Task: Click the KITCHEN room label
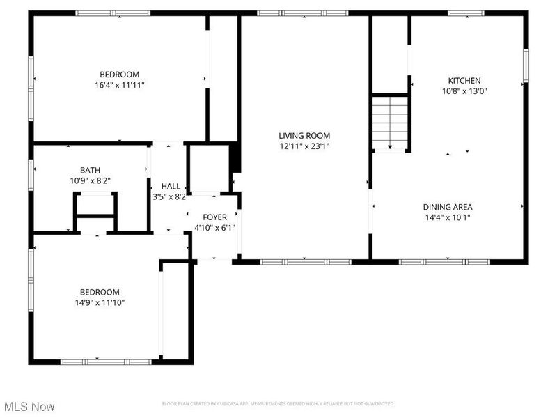tap(464, 81)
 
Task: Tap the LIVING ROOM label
tap(304, 136)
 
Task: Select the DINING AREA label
tap(448, 207)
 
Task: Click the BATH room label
tap(91, 170)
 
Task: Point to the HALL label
tap(171, 187)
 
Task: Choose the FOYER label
tap(215, 217)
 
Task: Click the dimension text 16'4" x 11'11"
tap(120, 85)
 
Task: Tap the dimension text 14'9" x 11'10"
tap(99, 302)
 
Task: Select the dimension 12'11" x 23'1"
tap(304, 146)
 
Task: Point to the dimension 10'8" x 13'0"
tap(464, 91)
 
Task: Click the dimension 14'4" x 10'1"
tap(448, 217)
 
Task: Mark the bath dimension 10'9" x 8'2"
tap(91, 180)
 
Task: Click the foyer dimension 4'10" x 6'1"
tap(215, 228)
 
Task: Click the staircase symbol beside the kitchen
tap(390, 123)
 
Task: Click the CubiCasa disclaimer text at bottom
tap(278, 404)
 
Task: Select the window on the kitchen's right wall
tap(526, 66)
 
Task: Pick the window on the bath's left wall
tap(31, 174)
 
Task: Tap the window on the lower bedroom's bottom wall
tap(106, 362)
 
